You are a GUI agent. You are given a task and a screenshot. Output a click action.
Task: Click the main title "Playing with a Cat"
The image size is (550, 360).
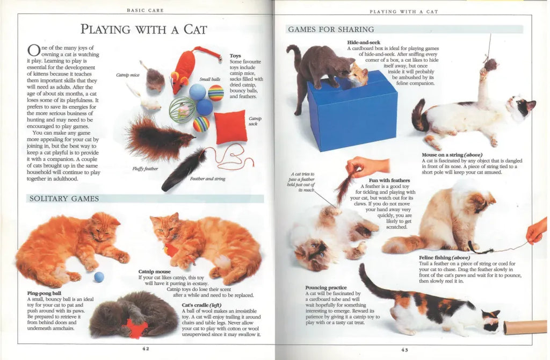(x=144, y=29)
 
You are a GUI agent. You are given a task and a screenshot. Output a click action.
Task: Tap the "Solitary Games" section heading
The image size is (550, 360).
(x=64, y=199)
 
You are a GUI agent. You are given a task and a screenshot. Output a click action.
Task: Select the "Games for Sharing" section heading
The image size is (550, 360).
(x=331, y=30)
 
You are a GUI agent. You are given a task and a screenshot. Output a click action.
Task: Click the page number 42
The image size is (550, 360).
(x=146, y=349)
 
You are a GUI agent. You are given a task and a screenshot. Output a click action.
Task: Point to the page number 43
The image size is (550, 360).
(x=404, y=350)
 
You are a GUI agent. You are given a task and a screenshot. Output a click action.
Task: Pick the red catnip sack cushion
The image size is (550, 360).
(x=230, y=127)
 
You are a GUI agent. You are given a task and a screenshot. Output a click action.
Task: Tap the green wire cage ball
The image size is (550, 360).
(x=182, y=110)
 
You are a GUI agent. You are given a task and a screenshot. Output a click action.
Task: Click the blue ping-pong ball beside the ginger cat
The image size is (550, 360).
(x=99, y=277)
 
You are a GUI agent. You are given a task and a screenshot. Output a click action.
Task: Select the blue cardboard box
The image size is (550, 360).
(x=352, y=111)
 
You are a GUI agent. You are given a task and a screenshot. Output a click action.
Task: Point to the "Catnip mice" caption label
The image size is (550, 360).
(x=128, y=75)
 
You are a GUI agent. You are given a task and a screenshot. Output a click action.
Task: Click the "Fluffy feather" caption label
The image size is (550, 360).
(x=145, y=169)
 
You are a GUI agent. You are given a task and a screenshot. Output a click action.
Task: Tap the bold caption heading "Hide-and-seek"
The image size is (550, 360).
(x=364, y=42)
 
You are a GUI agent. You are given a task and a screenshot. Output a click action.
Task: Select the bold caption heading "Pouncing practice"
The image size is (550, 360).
(x=326, y=287)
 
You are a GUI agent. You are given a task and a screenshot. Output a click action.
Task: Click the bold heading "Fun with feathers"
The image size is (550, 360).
(x=389, y=181)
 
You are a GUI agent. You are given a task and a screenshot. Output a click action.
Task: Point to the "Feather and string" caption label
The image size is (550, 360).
(x=208, y=179)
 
